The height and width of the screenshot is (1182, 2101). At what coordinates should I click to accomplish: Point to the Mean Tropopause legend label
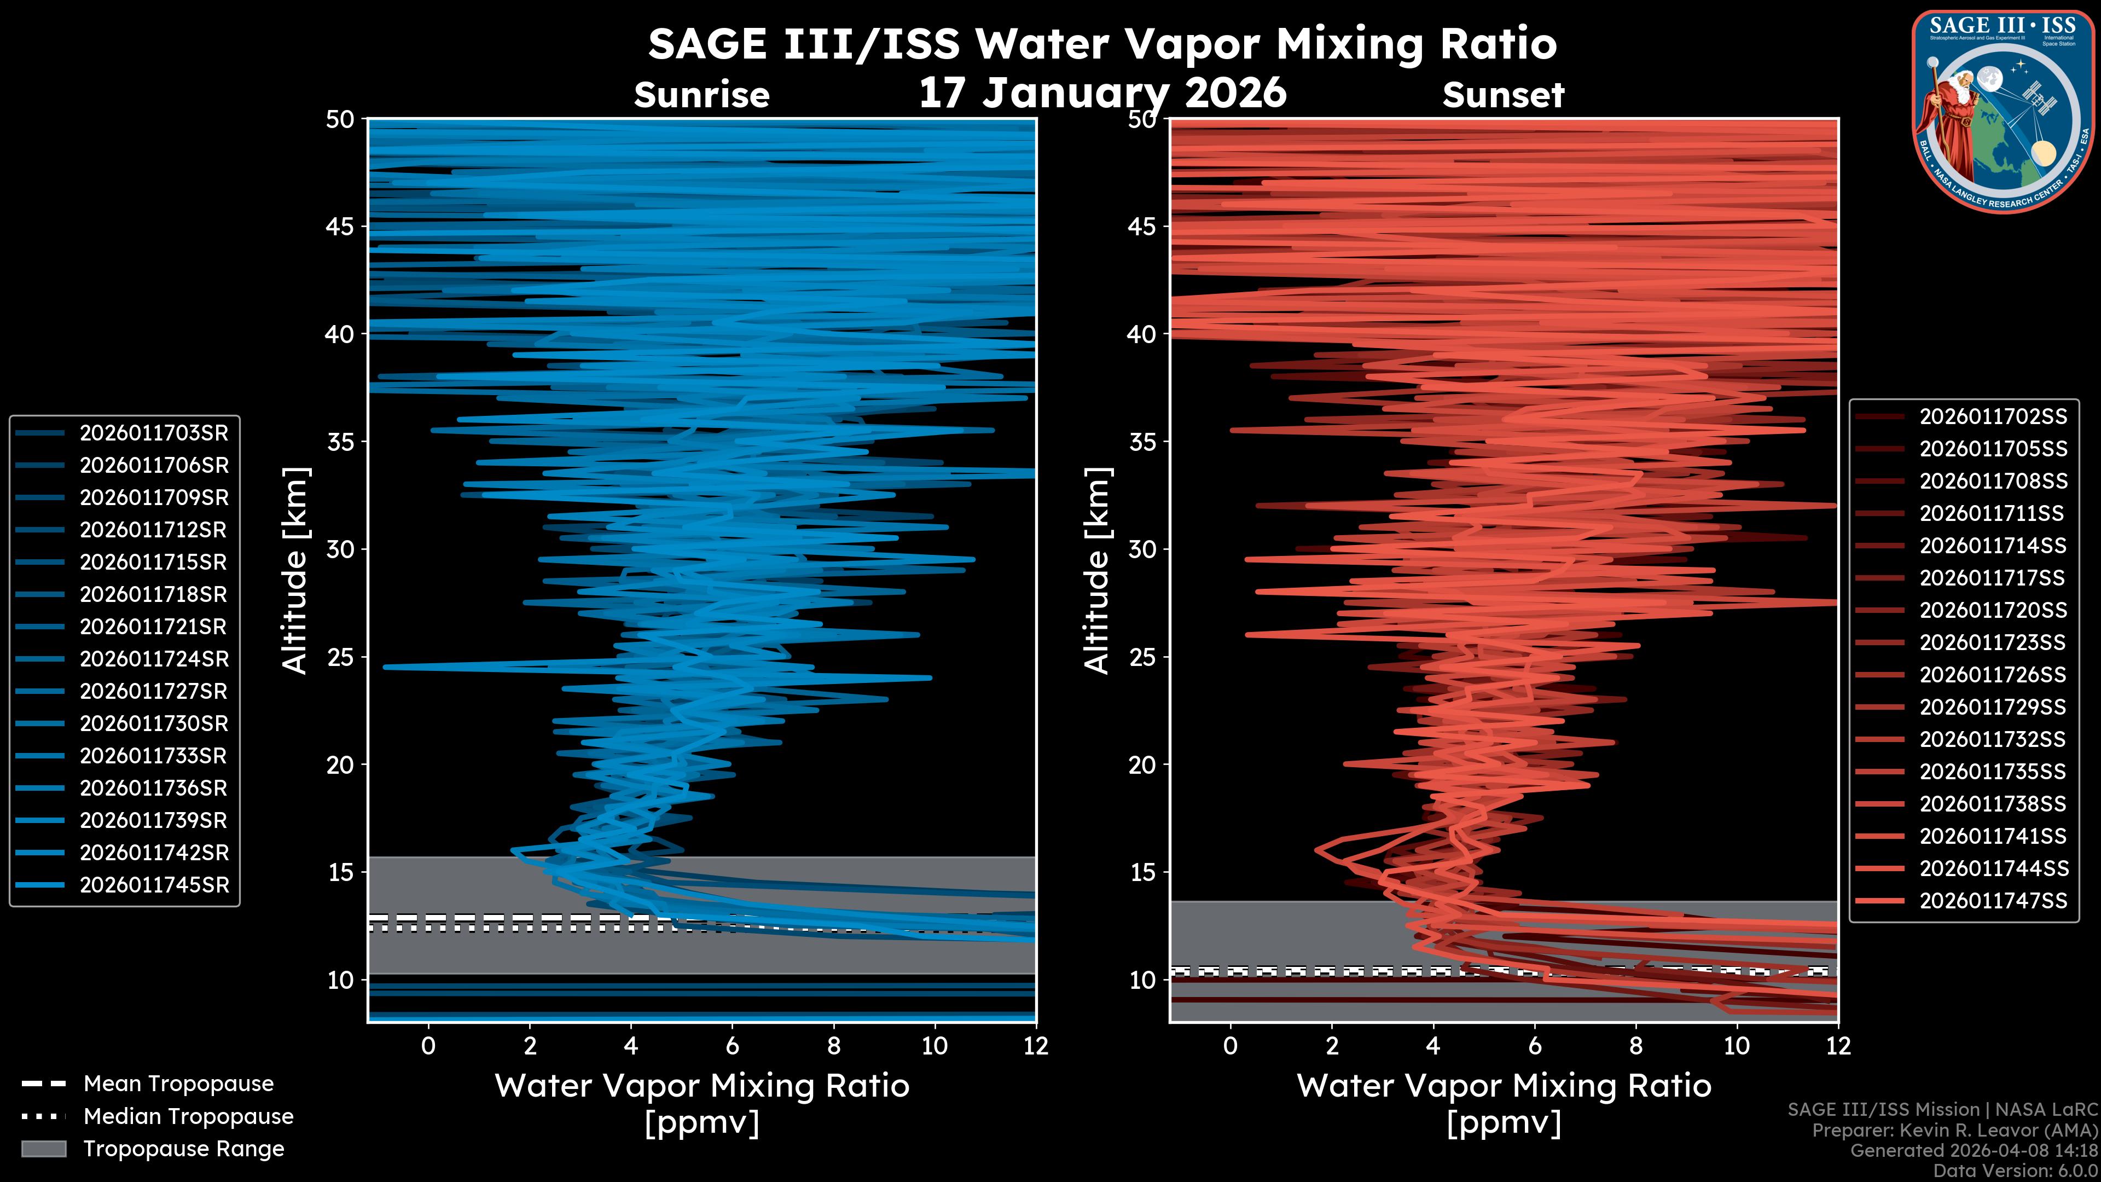point(178,1083)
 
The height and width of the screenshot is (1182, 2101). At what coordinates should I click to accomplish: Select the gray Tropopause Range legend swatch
point(43,1149)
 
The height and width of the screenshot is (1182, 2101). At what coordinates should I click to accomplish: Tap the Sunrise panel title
point(701,95)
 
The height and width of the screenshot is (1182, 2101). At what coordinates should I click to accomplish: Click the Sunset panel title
point(1502,95)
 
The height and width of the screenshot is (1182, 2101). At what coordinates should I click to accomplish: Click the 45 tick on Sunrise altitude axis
point(340,226)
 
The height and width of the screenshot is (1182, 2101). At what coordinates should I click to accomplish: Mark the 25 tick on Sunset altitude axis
point(1142,657)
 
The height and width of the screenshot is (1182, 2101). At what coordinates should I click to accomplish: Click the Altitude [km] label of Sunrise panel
point(294,570)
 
